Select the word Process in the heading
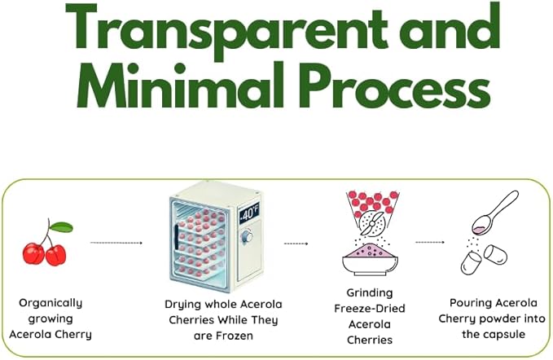click(397, 85)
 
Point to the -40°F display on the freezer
click(249, 213)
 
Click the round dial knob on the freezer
click(247, 235)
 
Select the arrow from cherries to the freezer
click(116, 243)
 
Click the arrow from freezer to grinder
click(296, 244)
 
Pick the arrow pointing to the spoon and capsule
click(430, 242)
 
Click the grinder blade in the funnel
click(372, 223)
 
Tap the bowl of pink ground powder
click(370, 259)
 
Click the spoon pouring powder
click(494, 213)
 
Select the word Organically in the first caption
click(50, 303)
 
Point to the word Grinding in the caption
click(370, 293)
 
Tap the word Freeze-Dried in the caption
click(370, 309)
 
